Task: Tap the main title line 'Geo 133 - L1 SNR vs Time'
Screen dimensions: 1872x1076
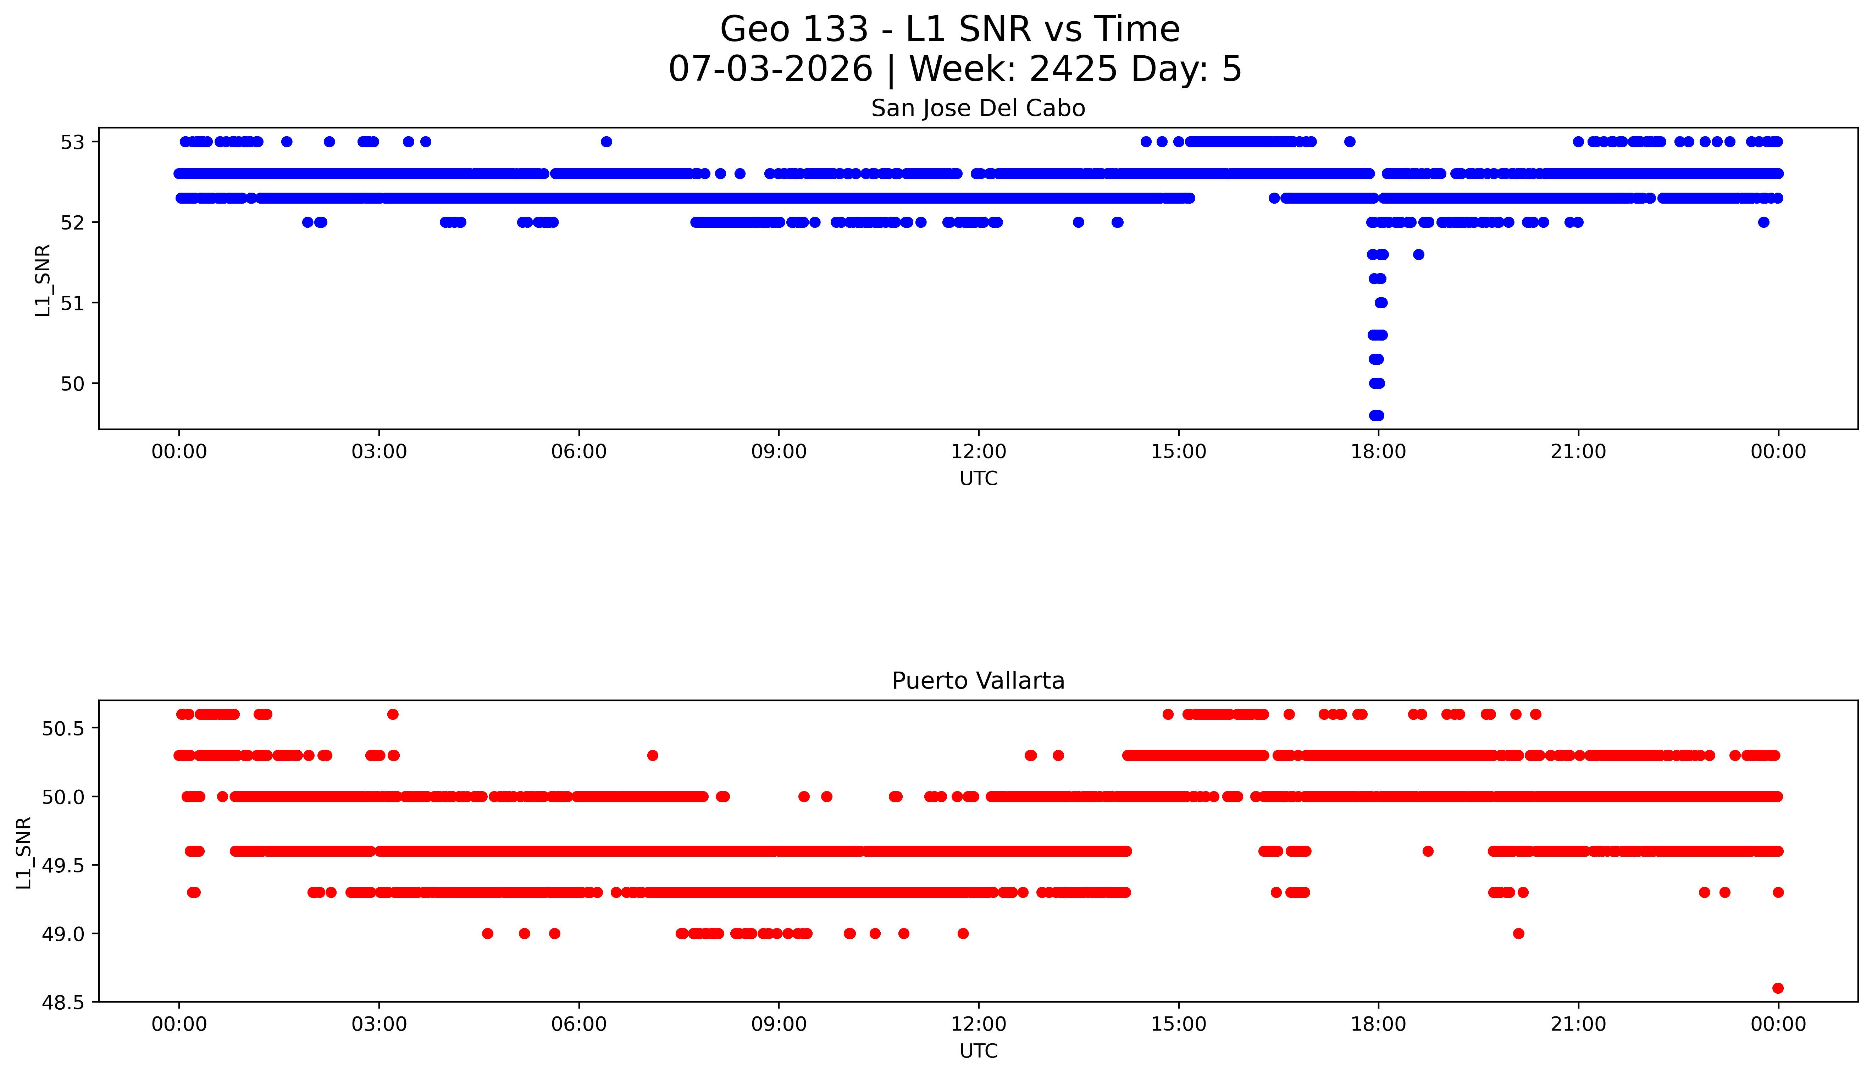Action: [x=950, y=29]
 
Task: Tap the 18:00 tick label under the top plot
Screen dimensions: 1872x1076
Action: [x=1378, y=452]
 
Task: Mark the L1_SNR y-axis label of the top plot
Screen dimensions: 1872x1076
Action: [x=43, y=280]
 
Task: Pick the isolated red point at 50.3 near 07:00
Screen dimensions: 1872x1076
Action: [x=652, y=755]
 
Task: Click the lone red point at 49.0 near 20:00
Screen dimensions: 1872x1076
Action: [x=1518, y=933]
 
